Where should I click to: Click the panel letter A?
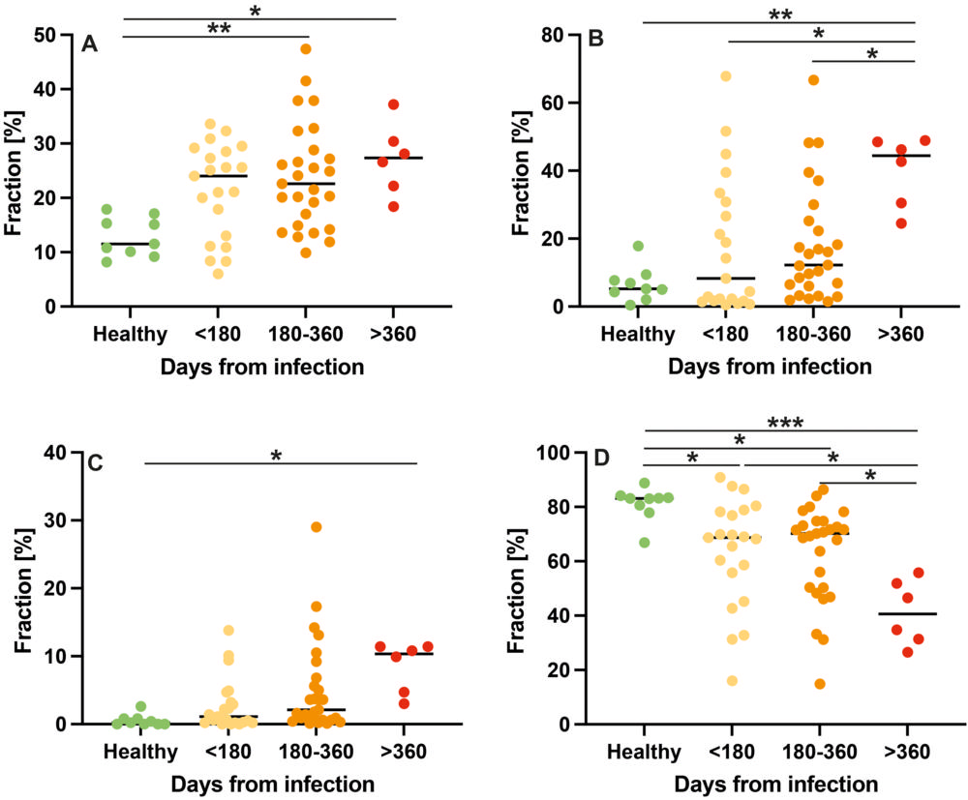pyautogui.click(x=89, y=43)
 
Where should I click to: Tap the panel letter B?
pyautogui.click(x=596, y=40)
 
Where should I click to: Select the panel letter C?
pyautogui.click(x=95, y=462)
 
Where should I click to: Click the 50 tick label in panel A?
pyautogui.click(x=45, y=35)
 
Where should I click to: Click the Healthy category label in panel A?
pyautogui.click(x=131, y=335)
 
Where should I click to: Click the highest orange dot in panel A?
pyautogui.click(x=306, y=48)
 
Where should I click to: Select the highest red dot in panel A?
pyautogui.click(x=393, y=104)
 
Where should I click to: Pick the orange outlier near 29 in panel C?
pyautogui.click(x=316, y=527)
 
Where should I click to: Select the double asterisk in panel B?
pyautogui.click(x=778, y=15)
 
